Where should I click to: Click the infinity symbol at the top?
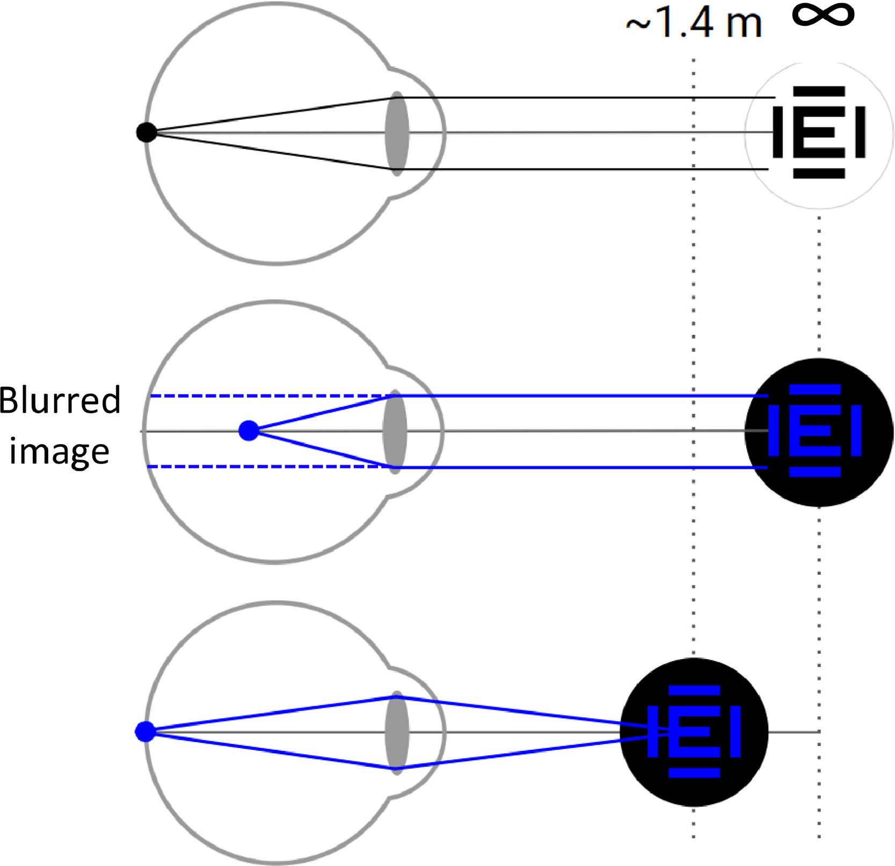click(x=823, y=15)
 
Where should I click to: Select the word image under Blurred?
click(x=59, y=451)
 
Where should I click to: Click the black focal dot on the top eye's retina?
click(x=146, y=132)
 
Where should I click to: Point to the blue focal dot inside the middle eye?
click(x=249, y=430)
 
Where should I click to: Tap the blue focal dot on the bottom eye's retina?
click(x=145, y=732)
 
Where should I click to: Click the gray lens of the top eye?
click(x=397, y=133)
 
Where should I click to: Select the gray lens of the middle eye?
click(x=395, y=431)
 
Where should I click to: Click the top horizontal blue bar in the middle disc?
click(x=815, y=389)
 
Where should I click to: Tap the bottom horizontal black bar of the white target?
click(x=819, y=174)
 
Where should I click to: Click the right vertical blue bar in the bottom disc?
click(x=736, y=732)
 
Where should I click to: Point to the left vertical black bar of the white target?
click(x=777, y=132)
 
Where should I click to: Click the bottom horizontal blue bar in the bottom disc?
click(x=694, y=773)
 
